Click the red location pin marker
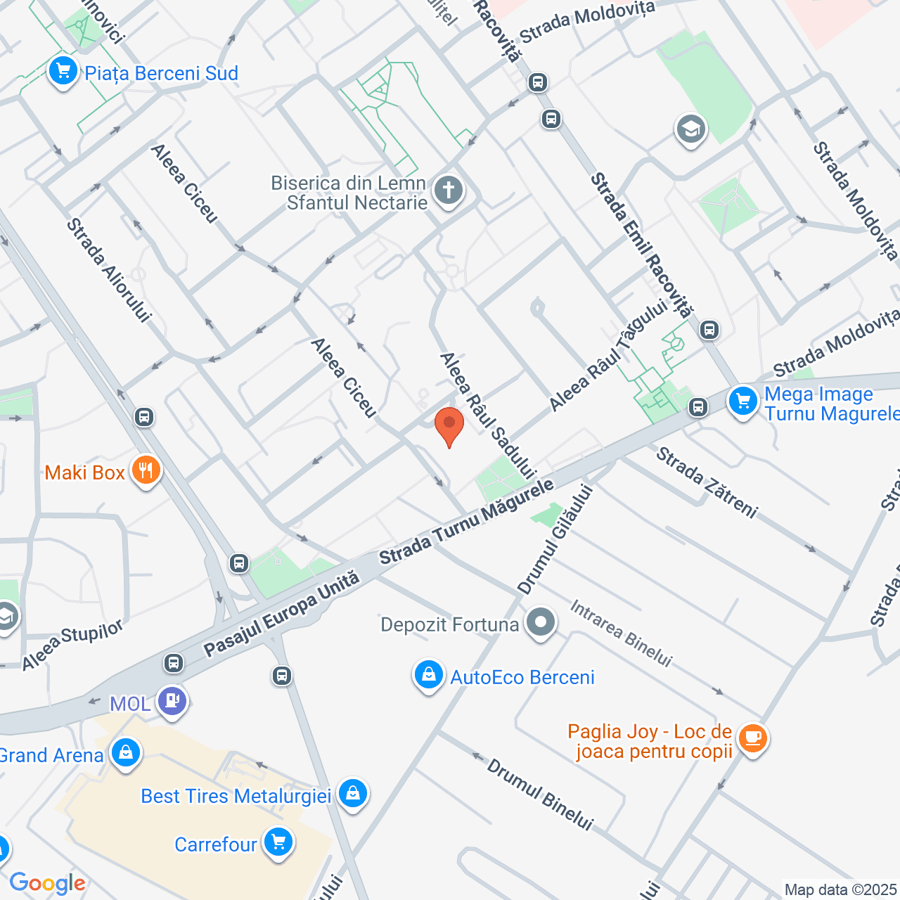pyautogui.click(x=449, y=426)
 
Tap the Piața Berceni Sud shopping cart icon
pyautogui.click(x=63, y=71)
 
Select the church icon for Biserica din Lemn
pyautogui.click(x=449, y=191)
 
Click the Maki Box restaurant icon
pyautogui.click(x=146, y=471)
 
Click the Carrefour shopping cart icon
pyautogui.click(x=278, y=842)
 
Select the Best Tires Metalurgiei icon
pyautogui.click(x=352, y=794)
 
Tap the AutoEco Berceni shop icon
pyautogui.click(x=428, y=675)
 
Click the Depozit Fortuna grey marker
pyautogui.click(x=541, y=622)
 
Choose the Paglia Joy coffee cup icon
pyautogui.click(x=753, y=738)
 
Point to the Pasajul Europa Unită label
pyautogui.click(x=282, y=615)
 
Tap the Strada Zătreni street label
pyautogui.click(x=707, y=482)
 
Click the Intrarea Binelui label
pyautogui.click(x=621, y=634)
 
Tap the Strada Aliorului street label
pyautogui.click(x=108, y=270)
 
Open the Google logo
pyautogui.click(x=47, y=883)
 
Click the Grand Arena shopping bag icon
pyautogui.click(x=126, y=753)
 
